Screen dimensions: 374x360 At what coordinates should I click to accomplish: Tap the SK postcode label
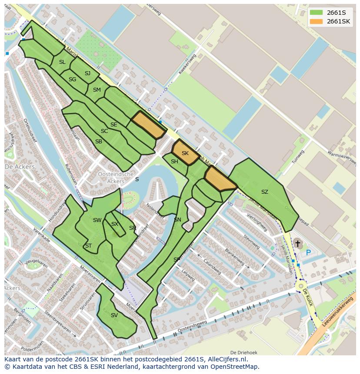click(185, 153)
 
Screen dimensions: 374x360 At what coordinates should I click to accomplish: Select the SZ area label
click(264, 192)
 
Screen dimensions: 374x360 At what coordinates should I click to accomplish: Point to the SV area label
click(114, 315)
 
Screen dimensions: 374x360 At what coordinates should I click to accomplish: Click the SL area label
click(62, 62)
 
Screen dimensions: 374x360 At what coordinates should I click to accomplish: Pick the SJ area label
click(87, 73)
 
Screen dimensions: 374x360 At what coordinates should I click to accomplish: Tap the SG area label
click(72, 79)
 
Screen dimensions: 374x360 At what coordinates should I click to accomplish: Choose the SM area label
click(97, 90)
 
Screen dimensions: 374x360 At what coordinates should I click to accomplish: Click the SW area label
click(97, 220)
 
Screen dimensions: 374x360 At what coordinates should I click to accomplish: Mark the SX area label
click(115, 224)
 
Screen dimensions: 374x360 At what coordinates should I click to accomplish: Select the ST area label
click(88, 245)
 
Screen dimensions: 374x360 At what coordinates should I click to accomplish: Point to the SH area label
click(174, 162)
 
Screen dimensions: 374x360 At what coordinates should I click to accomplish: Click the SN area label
click(177, 220)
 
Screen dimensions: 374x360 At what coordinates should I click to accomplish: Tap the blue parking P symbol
click(308, 252)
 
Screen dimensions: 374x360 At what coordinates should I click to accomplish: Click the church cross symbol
click(298, 244)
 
